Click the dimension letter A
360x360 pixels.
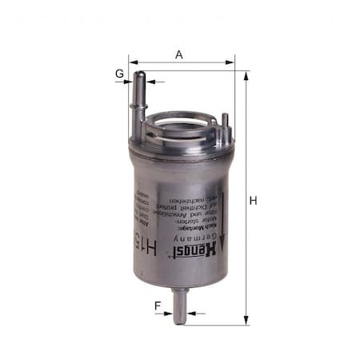click(x=179, y=54)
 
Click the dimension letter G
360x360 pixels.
click(x=119, y=74)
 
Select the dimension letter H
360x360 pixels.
click(x=253, y=201)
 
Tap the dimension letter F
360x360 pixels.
click(x=158, y=305)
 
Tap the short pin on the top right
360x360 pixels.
click(x=226, y=124)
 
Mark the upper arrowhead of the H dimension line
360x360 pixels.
click(x=246, y=74)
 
